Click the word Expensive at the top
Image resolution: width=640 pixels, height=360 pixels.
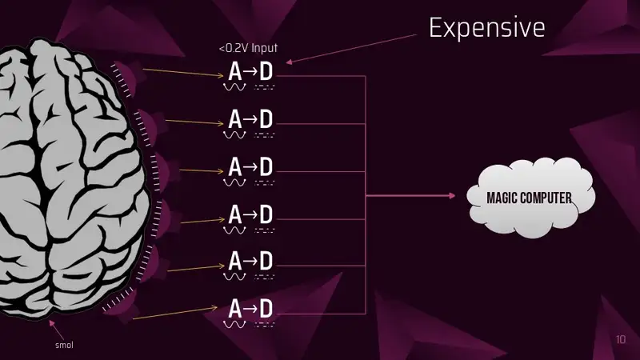tap(487, 28)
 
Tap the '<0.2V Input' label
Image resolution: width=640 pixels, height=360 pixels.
tap(248, 48)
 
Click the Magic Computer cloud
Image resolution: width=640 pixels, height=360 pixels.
tap(530, 197)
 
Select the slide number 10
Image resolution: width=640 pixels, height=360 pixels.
tap(621, 339)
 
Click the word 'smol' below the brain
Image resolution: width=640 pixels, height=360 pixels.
tap(65, 345)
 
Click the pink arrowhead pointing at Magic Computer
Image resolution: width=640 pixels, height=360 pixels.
tap(452, 195)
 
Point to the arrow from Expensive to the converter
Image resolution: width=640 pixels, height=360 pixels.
tap(351, 49)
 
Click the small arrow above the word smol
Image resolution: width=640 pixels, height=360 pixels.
tap(57, 330)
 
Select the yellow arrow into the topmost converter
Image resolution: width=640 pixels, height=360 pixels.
tap(183, 73)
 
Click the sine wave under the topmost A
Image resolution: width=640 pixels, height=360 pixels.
tap(234, 87)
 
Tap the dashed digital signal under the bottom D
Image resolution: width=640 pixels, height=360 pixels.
tap(265, 325)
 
